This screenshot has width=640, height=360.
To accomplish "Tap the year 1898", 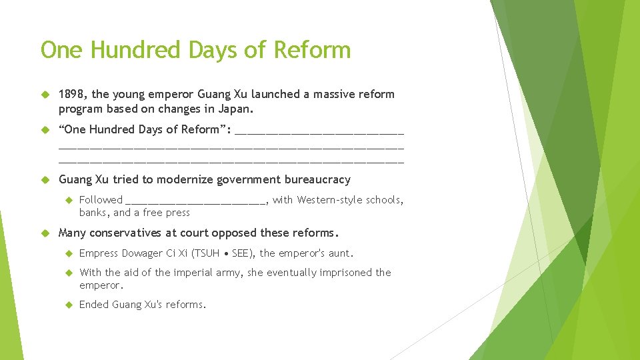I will coord(71,95).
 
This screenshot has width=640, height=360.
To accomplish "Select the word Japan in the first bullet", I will coord(237,109).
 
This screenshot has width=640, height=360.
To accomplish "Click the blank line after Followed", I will coord(195,200).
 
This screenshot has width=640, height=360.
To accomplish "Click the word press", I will coord(177,213).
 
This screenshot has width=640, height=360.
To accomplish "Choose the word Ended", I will coord(93,305).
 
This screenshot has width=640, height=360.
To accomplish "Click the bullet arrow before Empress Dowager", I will coord(69,253).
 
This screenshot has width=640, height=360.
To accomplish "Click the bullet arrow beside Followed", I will coord(69,200).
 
